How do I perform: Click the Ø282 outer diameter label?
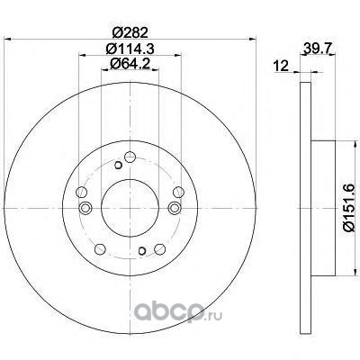pyautogui.click(x=130, y=32)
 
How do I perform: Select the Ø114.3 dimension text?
pyautogui.click(x=130, y=49)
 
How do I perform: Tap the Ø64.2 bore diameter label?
pyautogui.click(x=130, y=64)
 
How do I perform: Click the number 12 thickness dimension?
pyautogui.click(x=281, y=66)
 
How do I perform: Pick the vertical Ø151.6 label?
pyautogui.click(x=350, y=208)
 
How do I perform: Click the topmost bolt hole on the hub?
pyautogui.click(x=130, y=157)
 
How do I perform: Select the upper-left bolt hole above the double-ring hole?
pyautogui.click(x=82, y=192)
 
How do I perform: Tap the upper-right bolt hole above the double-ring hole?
pyautogui.click(x=178, y=192)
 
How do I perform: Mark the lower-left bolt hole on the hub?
pyautogui.click(x=100, y=249)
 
